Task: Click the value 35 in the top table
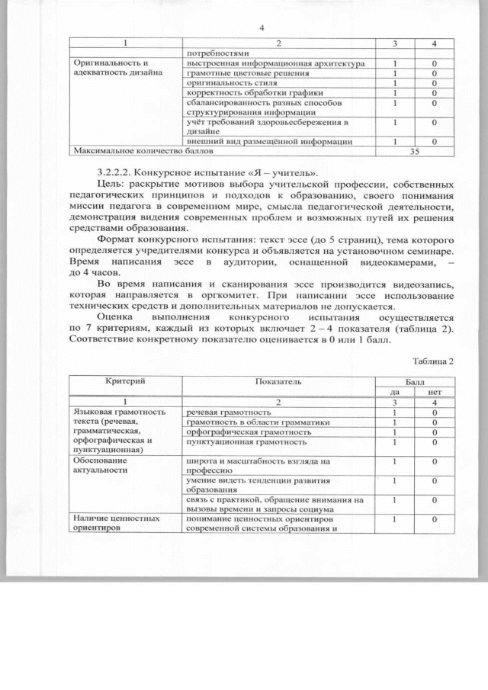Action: click(x=415, y=151)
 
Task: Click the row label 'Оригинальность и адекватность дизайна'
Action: click(x=117, y=68)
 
